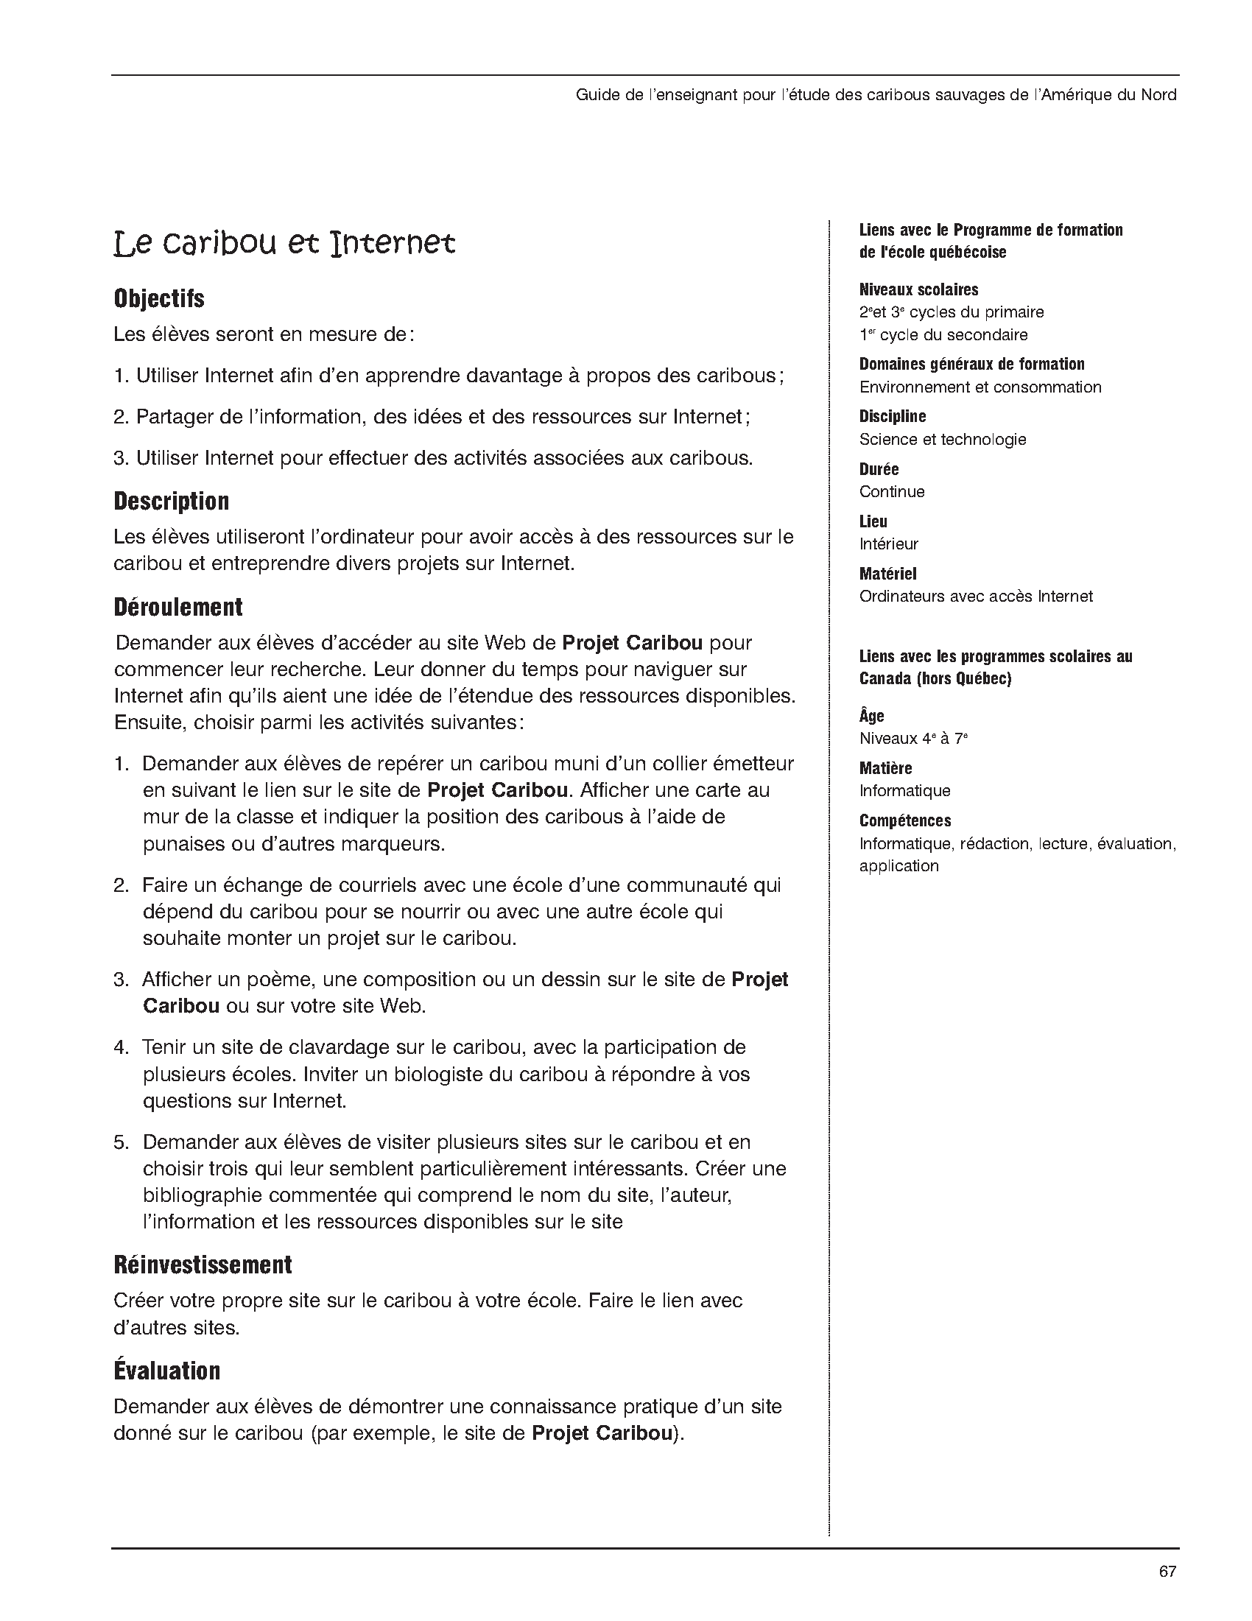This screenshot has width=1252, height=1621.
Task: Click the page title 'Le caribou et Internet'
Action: point(284,244)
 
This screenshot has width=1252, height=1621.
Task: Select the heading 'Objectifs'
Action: point(159,298)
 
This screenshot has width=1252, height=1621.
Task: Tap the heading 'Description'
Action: point(172,501)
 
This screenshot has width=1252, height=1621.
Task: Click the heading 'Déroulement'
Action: point(178,607)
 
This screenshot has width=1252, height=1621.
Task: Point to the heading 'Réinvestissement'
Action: point(203,1265)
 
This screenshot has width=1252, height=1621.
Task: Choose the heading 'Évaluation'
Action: point(167,1371)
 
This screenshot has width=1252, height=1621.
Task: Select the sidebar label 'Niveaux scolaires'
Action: point(919,289)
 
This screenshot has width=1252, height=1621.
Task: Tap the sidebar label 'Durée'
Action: point(879,469)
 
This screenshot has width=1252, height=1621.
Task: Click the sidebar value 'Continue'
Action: point(891,491)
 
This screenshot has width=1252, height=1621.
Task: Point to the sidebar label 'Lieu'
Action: point(873,521)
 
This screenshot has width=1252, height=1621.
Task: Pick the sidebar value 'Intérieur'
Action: point(888,544)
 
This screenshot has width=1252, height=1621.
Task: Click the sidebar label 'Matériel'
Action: point(887,574)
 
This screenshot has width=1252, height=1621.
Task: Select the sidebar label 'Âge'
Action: point(871,716)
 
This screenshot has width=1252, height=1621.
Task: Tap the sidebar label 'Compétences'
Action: point(904,820)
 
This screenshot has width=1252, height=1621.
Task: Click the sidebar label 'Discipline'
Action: point(892,416)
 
